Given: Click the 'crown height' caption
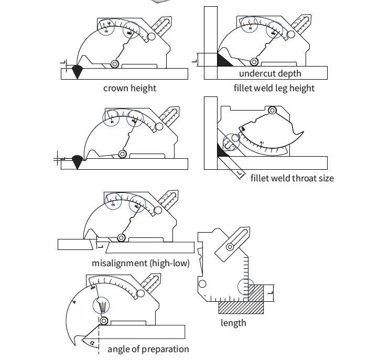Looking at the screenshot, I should tap(129, 88).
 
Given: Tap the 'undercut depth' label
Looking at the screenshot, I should tap(270, 73).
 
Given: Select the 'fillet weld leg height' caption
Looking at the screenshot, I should tap(274, 88).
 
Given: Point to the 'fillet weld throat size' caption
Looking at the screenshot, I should tap(291, 178).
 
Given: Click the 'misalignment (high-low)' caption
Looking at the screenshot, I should tap(140, 263).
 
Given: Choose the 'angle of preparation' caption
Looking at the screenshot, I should tap(148, 349).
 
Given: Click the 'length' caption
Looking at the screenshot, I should tap(233, 323).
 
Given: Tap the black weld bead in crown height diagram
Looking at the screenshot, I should tap(77, 72).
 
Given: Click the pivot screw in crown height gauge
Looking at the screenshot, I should tap(114, 64).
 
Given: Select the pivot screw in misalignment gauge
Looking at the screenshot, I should tap(121, 237).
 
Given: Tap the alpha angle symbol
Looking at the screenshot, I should tap(92, 343).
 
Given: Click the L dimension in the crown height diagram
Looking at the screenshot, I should tap(63, 63).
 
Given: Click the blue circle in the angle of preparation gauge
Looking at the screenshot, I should tap(102, 305).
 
